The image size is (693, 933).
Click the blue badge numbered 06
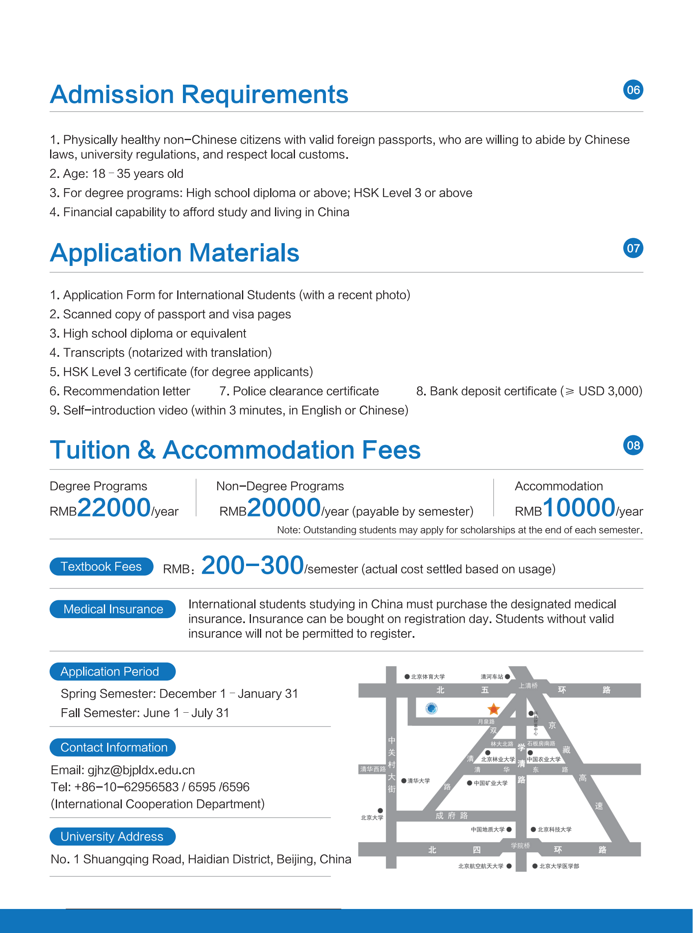point(633,90)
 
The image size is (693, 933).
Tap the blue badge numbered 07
point(633,248)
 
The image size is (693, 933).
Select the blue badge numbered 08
point(633,446)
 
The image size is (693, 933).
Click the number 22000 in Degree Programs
point(114,507)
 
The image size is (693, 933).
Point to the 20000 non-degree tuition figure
point(284,507)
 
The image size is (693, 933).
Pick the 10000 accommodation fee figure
point(579,507)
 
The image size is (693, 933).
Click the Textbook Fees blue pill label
point(101,566)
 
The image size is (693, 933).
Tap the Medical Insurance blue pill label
point(112,609)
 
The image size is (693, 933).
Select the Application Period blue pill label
point(112,671)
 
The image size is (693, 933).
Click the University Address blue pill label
point(112,836)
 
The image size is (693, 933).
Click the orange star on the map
point(494,709)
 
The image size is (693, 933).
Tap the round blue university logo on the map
point(431,709)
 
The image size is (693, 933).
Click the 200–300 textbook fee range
point(252,565)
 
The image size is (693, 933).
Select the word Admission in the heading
point(112,94)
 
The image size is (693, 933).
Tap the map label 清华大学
point(418,781)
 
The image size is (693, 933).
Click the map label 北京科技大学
point(554,830)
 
